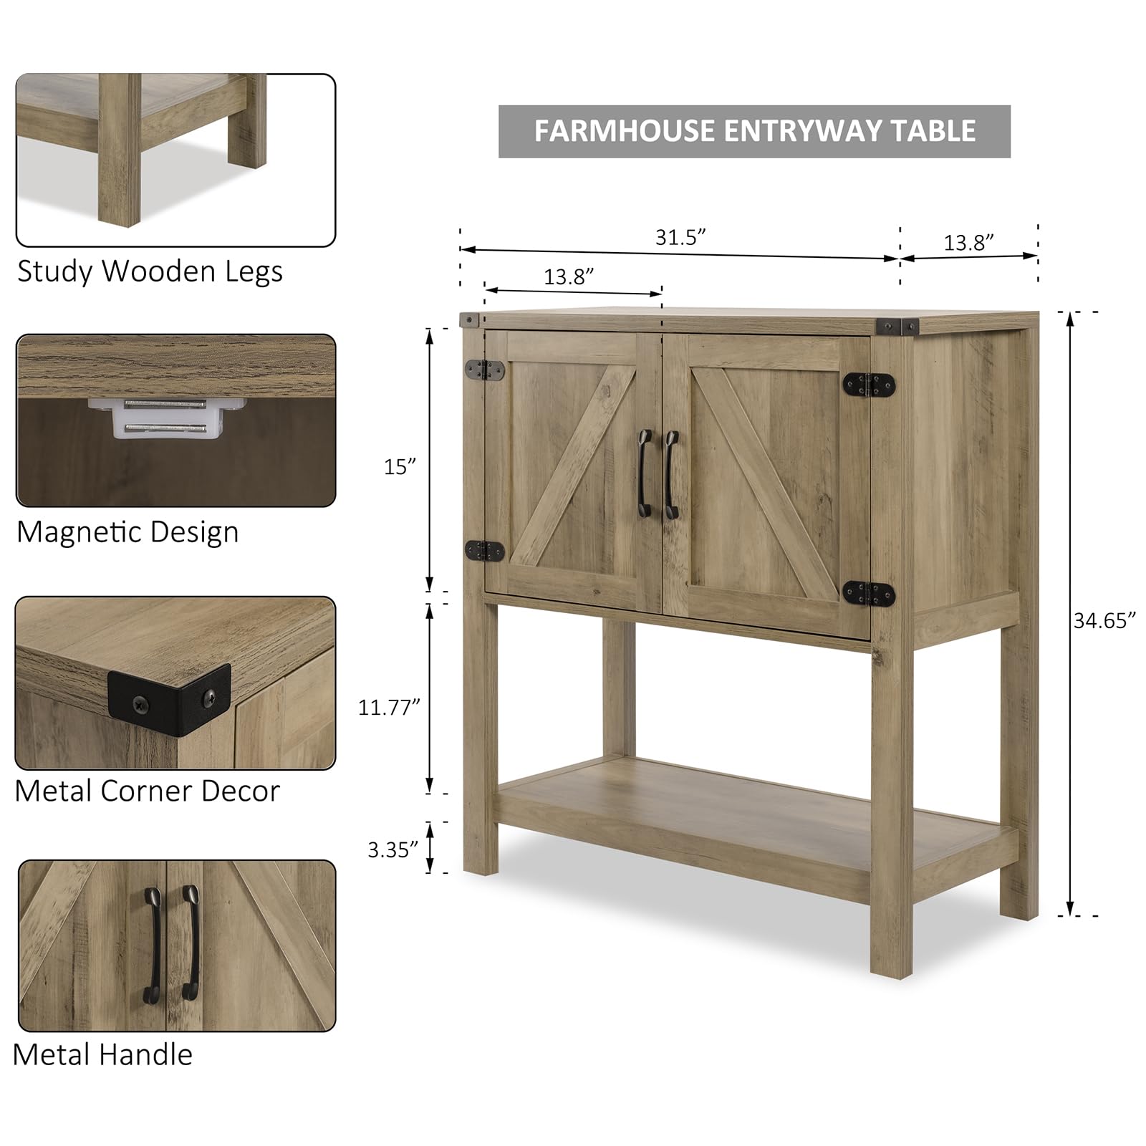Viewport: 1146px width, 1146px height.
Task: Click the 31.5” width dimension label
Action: (680, 237)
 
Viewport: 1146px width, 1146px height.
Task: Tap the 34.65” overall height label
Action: (1104, 621)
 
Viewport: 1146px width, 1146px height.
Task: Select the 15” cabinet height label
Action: (400, 467)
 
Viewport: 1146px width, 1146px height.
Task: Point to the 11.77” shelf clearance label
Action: (388, 708)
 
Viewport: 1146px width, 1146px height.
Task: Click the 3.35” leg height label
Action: (393, 849)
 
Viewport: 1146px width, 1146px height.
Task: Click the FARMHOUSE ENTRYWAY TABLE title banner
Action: (754, 131)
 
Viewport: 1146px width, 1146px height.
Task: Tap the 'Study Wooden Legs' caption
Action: (150, 271)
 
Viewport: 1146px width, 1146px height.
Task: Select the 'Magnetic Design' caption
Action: (127, 532)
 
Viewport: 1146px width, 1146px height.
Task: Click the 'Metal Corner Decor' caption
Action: (147, 791)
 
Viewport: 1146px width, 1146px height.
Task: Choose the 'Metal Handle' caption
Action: (102, 1055)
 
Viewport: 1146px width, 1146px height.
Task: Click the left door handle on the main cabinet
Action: (643, 474)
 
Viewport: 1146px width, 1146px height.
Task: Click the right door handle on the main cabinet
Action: (670, 474)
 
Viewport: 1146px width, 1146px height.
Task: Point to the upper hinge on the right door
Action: (869, 385)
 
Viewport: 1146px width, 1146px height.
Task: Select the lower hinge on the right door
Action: (869, 593)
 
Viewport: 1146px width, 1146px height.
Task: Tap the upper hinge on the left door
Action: (485, 370)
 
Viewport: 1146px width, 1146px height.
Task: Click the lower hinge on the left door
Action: (485, 551)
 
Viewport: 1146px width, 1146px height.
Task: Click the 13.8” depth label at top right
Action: (968, 243)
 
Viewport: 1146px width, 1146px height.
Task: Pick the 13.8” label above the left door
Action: (569, 276)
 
